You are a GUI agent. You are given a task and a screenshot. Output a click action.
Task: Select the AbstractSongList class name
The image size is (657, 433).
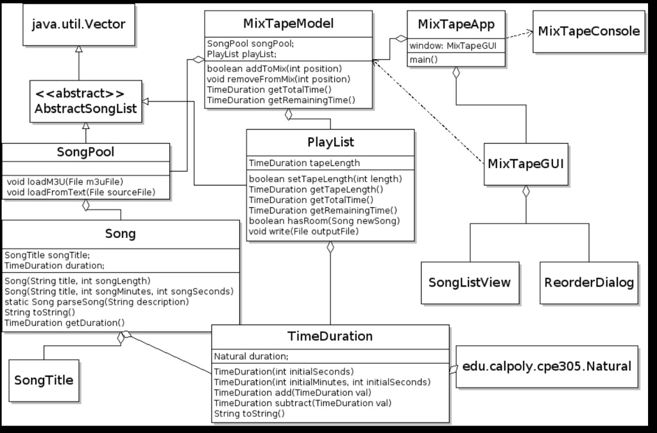pyautogui.click(x=85, y=108)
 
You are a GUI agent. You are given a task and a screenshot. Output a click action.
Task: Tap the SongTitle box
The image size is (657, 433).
pyautogui.click(x=44, y=380)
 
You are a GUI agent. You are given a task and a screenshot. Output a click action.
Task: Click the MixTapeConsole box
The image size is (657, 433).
pyautogui.click(x=589, y=31)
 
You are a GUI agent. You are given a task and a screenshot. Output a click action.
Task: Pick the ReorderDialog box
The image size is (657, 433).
pyautogui.click(x=589, y=282)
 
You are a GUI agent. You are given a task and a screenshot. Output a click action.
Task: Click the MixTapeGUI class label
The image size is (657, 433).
pyautogui.click(x=525, y=163)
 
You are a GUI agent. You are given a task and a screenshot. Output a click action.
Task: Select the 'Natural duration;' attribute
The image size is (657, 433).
pyautogui.click(x=251, y=356)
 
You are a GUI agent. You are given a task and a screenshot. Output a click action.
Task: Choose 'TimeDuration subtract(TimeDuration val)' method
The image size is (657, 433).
pyautogui.click(x=303, y=403)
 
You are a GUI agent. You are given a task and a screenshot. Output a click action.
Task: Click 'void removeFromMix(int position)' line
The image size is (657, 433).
pyautogui.click(x=278, y=79)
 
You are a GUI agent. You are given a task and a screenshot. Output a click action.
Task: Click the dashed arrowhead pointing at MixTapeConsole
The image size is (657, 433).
pyautogui.click(x=529, y=31)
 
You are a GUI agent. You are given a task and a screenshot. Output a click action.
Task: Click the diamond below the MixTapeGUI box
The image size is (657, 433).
pyautogui.click(x=525, y=191)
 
